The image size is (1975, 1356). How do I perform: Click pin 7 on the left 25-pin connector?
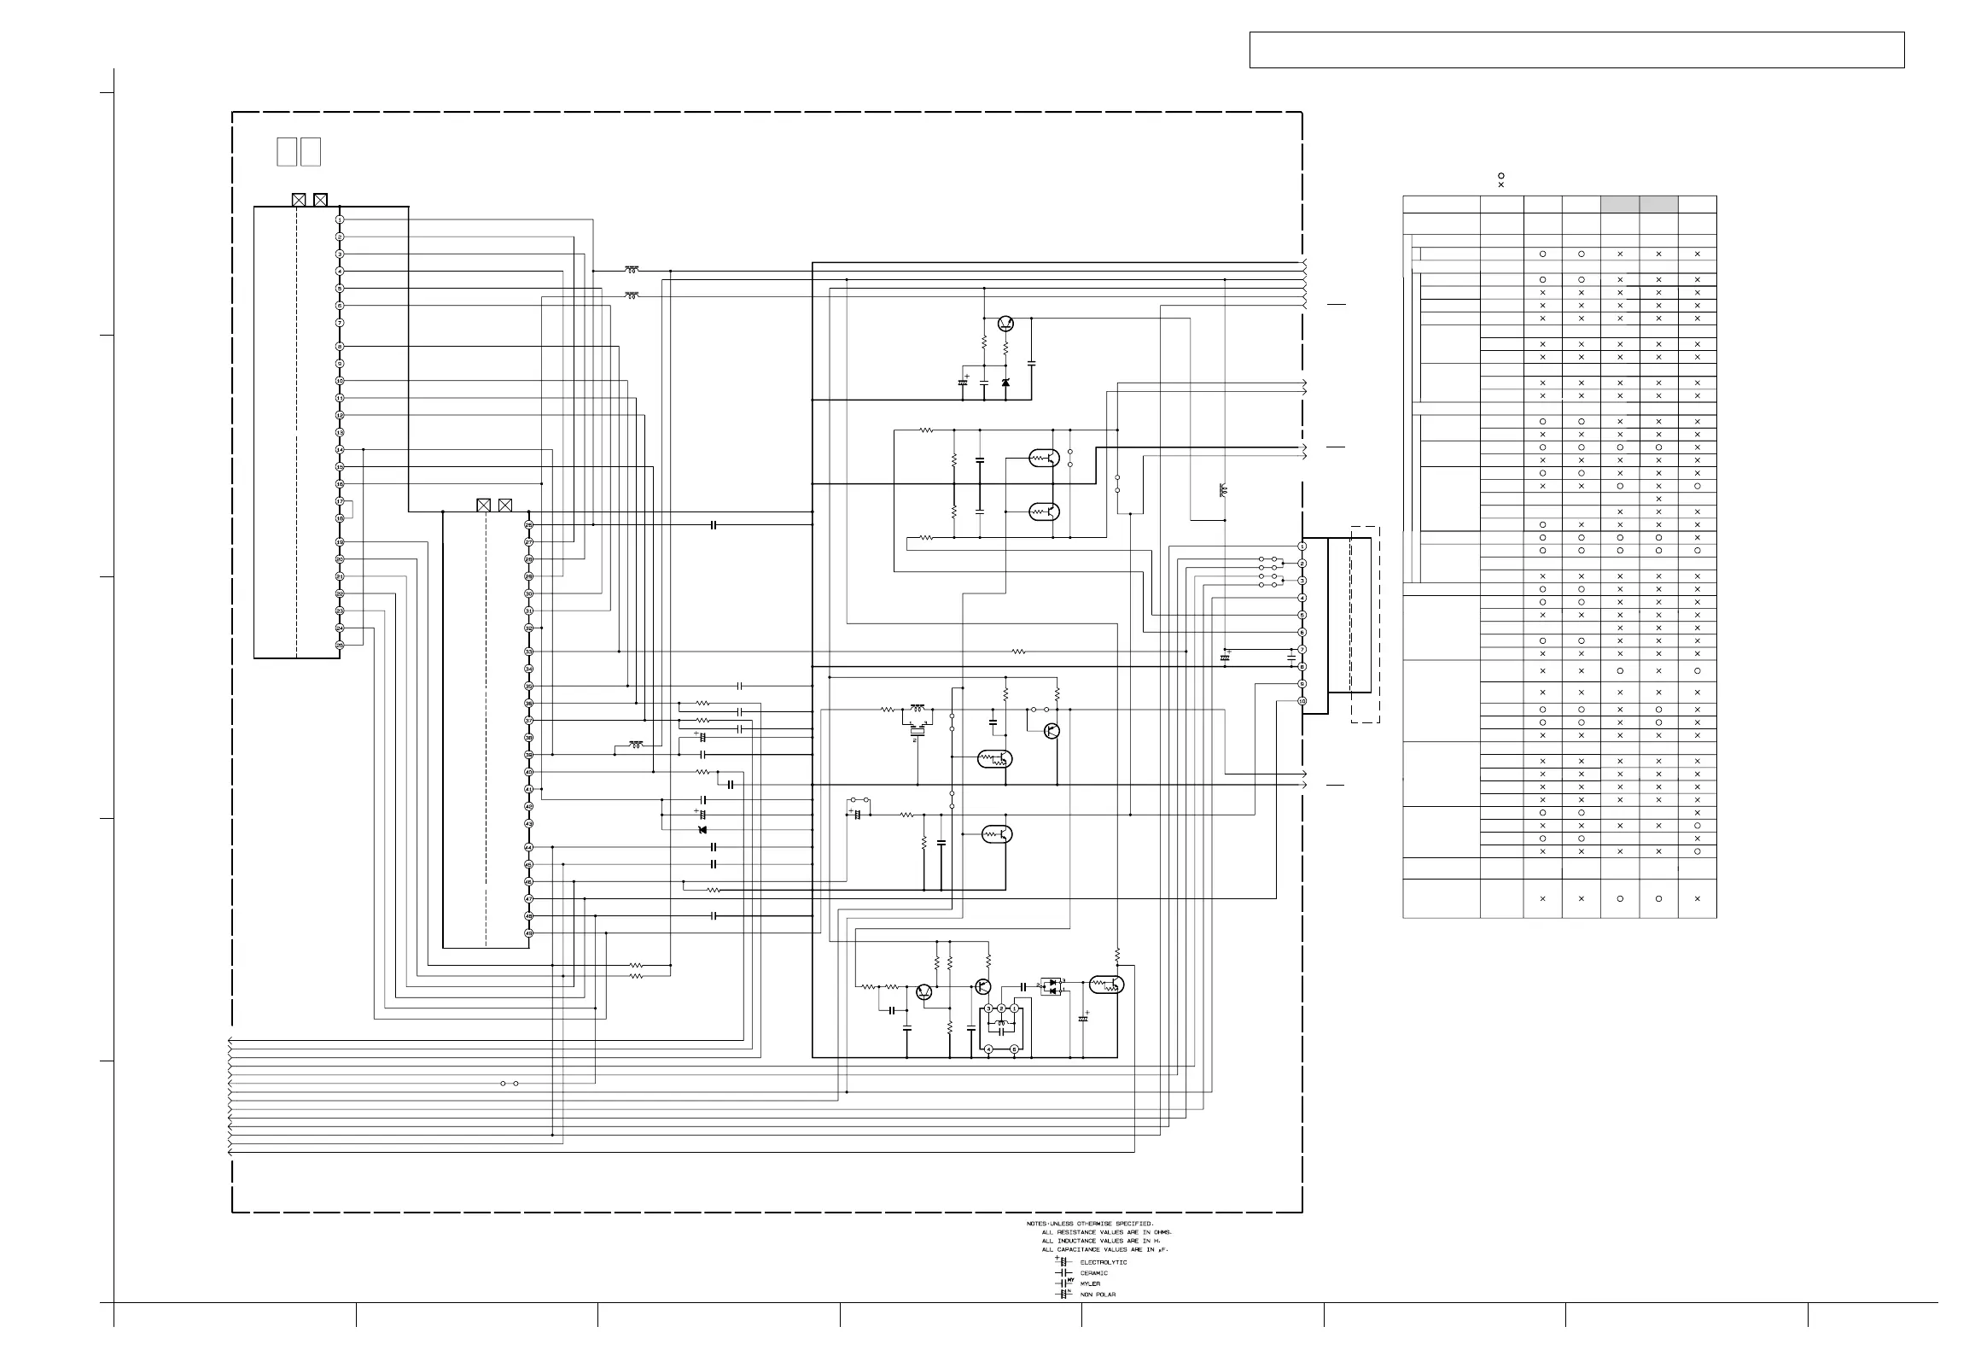[x=340, y=323]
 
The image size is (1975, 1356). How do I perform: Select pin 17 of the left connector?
[x=340, y=501]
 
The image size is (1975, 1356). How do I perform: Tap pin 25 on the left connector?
[x=340, y=646]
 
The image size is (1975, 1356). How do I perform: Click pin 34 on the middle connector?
[x=529, y=669]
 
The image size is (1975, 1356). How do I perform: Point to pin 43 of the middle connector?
[x=529, y=823]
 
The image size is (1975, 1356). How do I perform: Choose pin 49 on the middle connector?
[x=529, y=933]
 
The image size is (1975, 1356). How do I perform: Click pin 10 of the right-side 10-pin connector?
[x=1302, y=701]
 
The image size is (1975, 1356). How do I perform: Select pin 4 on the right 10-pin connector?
[x=1302, y=598]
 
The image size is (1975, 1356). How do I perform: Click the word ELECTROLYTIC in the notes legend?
[x=1104, y=1262]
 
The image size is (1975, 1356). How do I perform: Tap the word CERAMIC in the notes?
[x=1094, y=1273]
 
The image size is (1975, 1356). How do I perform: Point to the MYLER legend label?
[x=1090, y=1283]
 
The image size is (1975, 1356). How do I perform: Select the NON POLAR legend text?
[x=1098, y=1295]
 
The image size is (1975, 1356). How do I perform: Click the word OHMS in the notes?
[x=1161, y=1232]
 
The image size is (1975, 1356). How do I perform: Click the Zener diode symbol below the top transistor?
[x=1005, y=383]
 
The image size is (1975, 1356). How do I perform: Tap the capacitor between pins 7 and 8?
[x=1290, y=658]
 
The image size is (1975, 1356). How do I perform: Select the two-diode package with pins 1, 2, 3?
[x=1052, y=985]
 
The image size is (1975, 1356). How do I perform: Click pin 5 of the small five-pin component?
[x=1014, y=1049]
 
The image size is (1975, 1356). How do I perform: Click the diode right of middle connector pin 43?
[x=702, y=830]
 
